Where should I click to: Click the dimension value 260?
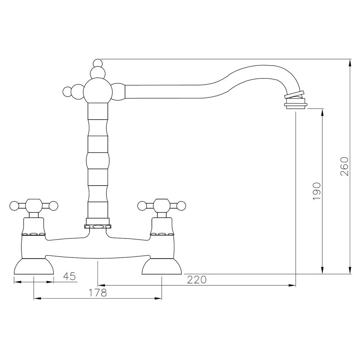click(x=344, y=166)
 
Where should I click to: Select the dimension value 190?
click(x=316, y=191)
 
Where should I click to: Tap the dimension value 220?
click(x=197, y=280)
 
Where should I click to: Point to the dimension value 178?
click(x=98, y=293)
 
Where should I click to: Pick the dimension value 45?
click(x=69, y=276)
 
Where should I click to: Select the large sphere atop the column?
click(x=98, y=90)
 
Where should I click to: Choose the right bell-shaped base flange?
click(x=162, y=266)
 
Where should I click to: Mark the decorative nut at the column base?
click(x=98, y=226)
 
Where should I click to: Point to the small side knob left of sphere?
click(x=67, y=91)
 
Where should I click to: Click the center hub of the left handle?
click(x=34, y=206)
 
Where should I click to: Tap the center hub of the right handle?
click(x=162, y=206)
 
